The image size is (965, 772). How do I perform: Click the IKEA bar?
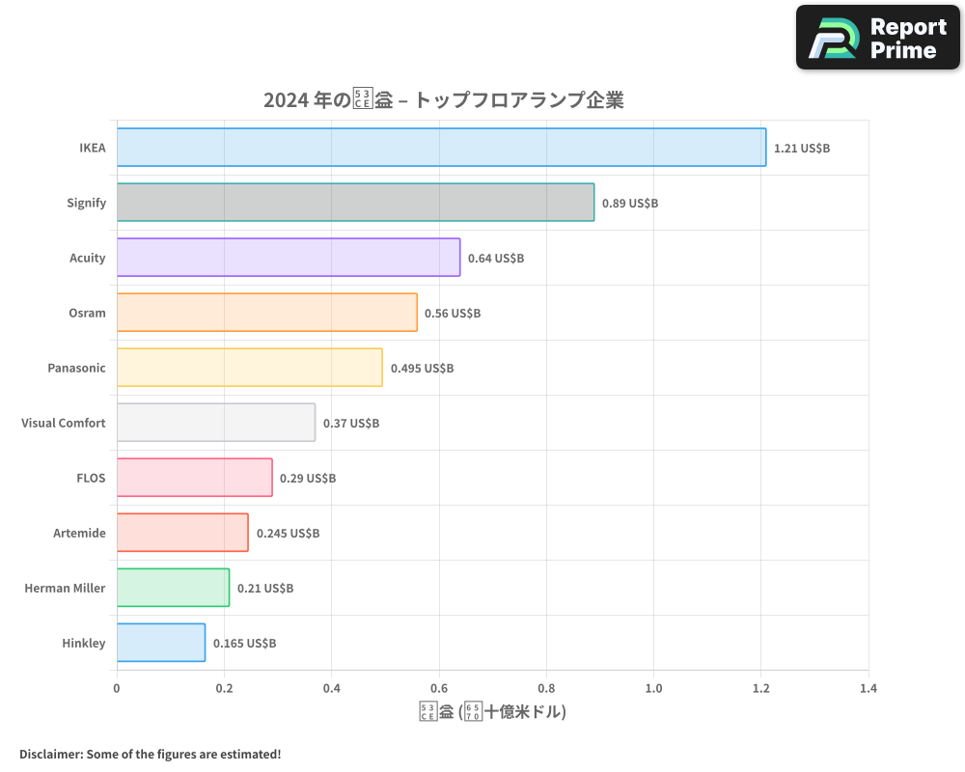coord(441,148)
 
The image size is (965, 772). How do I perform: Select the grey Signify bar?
coord(355,203)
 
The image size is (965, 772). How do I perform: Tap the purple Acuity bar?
coord(289,258)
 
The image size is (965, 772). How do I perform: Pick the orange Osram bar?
coord(267,313)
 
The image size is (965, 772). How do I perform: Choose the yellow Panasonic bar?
coord(250,368)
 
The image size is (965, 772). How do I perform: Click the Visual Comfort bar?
coord(216,423)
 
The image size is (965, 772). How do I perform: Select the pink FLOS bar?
coord(195,478)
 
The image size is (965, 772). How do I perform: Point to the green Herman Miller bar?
coord(174,588)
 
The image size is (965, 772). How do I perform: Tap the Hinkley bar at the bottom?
coord(161,643)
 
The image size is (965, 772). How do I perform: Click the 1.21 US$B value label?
coord(802,149)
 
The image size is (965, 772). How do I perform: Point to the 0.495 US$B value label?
coord(422,369)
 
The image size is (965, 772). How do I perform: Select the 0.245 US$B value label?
coord(288,534)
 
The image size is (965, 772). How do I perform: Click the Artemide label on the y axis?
coord(79,534)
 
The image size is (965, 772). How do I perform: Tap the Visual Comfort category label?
coord(64,424)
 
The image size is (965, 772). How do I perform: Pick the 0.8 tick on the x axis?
coord(546,689)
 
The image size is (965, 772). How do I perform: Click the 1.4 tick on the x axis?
coord(868,689)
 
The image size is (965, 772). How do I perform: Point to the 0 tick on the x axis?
coord(117,689)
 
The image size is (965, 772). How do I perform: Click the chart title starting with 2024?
coord(443,100)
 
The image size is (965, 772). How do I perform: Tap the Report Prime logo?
coord(878,38)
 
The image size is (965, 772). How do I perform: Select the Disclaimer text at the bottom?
coord(151,754)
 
